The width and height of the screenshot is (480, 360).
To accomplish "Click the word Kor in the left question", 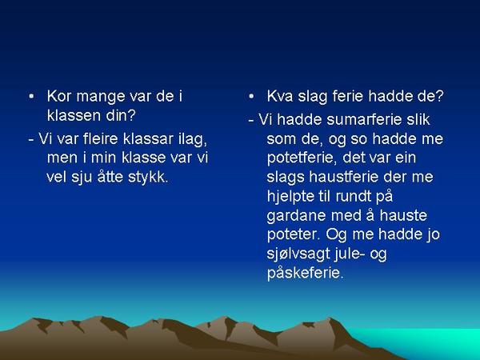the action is pos(59,97).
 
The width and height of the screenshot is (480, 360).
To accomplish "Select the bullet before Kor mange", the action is pos(31,97).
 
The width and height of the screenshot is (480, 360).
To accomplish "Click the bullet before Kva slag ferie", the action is pos(251,97).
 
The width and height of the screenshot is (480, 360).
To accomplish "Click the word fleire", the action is pos(101,138).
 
